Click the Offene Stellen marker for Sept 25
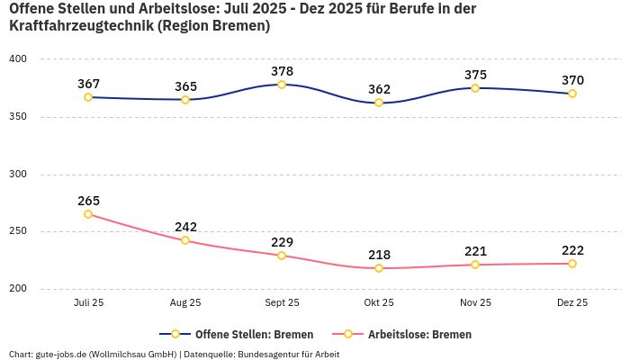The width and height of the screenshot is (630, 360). (282, 85)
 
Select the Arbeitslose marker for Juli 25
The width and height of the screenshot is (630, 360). (88, 214)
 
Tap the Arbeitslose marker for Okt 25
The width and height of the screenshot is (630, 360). (379, 268)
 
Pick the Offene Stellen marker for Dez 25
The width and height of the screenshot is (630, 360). (572, 94)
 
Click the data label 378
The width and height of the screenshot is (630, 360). (282, 71)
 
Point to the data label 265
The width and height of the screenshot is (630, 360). (88, 201)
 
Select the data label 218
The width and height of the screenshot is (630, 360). (379, 255)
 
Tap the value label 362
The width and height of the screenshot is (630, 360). (379, 89)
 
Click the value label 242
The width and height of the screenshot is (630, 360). (185, 227)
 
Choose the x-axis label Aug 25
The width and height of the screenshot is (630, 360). (185, 303)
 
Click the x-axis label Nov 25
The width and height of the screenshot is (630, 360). (475, 303)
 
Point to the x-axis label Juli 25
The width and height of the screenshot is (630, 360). (88, 303)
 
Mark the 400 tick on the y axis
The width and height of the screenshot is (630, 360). (18, 59)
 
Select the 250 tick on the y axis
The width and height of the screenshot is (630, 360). (18, 231)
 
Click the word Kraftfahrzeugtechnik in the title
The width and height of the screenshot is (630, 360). (80, 26)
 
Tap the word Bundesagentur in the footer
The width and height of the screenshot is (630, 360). (269, 354)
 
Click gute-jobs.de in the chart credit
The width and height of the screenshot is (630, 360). (62, 354)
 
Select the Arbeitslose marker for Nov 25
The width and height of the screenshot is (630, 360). (475, 265)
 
